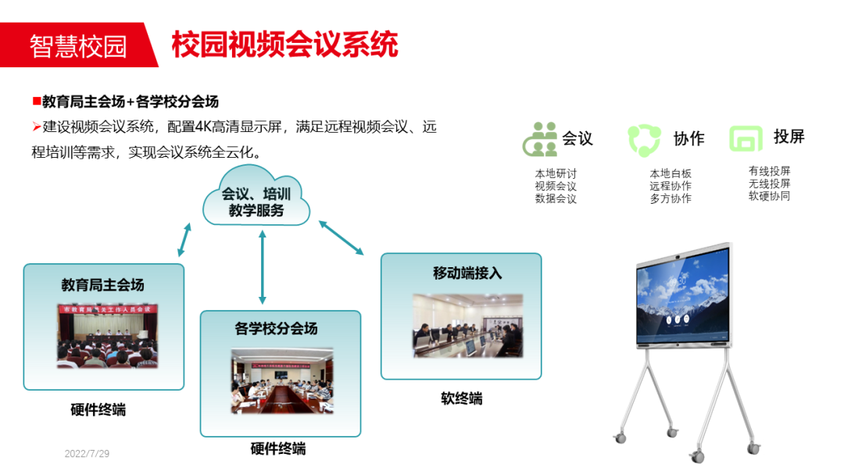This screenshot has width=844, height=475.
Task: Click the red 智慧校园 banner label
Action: click(x=77, y=46)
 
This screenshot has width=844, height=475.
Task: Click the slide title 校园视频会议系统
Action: click(x=284, y=45)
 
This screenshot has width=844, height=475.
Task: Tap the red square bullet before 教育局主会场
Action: click(x=36, y=101)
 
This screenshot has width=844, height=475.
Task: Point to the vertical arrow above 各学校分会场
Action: click(x=263, y=266)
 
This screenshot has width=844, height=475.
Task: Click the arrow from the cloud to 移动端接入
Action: click(x=342, y=237)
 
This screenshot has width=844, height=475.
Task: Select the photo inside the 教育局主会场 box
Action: click(x=107, y=335)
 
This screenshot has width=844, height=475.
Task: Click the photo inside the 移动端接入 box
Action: click(x=467, y=325)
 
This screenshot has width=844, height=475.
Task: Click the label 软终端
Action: click(x=461, y=398)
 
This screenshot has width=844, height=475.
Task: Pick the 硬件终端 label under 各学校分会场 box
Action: click(x=278, y=448)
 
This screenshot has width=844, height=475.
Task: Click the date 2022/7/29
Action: click(x=87, y=454)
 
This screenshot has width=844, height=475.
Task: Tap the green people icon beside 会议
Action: click(x=540, y=139)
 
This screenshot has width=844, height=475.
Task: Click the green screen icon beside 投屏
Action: click(x=745, y=138)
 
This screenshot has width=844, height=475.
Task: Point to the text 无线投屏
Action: click(x=769, y=184)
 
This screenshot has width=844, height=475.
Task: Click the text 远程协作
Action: click(x=670, y=186)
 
